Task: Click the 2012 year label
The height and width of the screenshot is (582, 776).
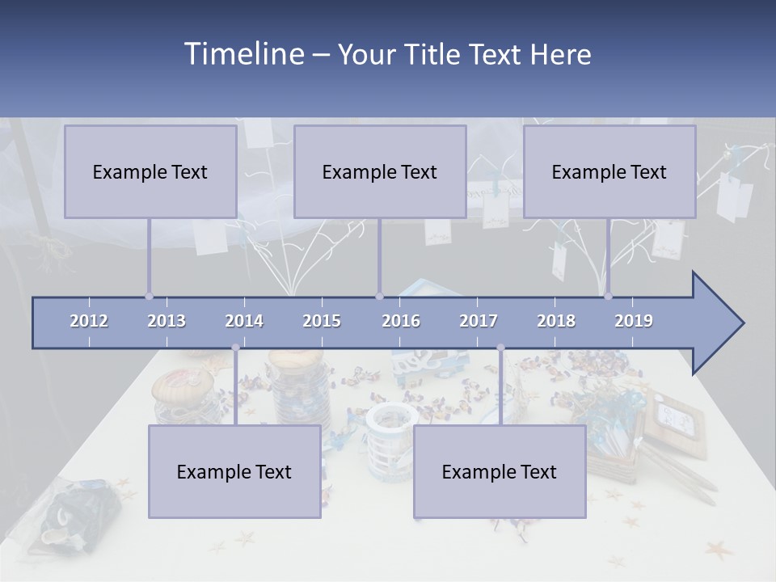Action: click(89, 321)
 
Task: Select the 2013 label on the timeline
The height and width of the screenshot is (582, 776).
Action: click(167, 321)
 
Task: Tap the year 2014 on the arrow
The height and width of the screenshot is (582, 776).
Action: click(244, 321)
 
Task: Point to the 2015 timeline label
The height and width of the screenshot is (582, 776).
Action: click(322, 321)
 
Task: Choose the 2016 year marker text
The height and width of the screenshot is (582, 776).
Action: click(401, 321)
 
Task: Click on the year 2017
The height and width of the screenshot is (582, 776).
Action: click(479, 321)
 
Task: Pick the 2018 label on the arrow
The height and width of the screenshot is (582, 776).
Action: click(556, 321)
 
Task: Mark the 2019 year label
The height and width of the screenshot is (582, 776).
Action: click(634, 321)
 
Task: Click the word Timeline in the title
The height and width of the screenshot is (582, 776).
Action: click(242, 54)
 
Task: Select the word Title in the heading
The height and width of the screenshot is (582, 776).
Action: click(432, 55)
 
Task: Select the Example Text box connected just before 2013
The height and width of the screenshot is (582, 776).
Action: click(150, 171)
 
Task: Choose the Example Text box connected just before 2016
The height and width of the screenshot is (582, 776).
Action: click(380, 171)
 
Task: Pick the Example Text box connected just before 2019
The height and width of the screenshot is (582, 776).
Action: click(609, 171)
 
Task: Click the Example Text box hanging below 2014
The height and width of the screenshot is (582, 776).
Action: click(234, 471)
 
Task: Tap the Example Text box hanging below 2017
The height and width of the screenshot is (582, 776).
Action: click(500, 471)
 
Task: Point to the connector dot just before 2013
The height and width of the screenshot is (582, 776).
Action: click(149, 297)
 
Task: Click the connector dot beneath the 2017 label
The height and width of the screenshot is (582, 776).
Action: click(500, 348)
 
